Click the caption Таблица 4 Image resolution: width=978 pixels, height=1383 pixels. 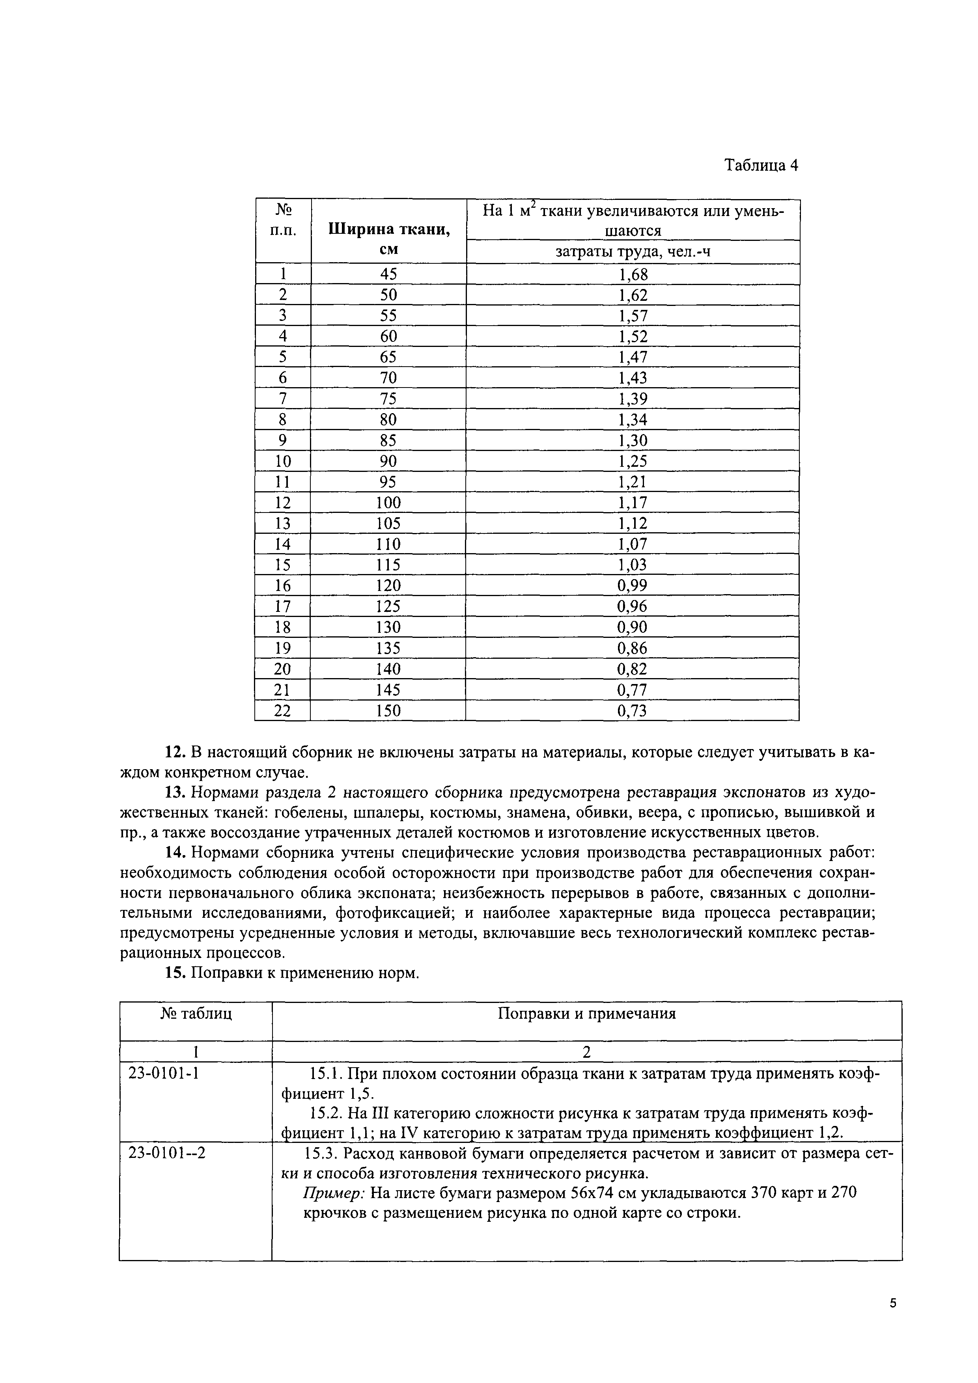click(761, 166)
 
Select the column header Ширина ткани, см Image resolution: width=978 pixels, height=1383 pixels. click(389, 239)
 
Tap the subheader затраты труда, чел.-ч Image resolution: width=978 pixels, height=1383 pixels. click(633, 251)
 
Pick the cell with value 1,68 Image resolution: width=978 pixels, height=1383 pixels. click(633, 275)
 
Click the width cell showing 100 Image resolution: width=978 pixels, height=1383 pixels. click(389, 502)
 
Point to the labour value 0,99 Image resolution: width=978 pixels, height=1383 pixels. click(632, 585)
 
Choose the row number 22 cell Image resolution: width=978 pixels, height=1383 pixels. click(283, 711)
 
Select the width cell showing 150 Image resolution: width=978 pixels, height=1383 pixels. click(389, 711)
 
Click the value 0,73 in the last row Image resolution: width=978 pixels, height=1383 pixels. click(632, 711)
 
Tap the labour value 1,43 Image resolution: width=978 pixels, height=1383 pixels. click(633, 378)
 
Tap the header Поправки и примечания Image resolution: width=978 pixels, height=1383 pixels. click(586, 1014)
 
